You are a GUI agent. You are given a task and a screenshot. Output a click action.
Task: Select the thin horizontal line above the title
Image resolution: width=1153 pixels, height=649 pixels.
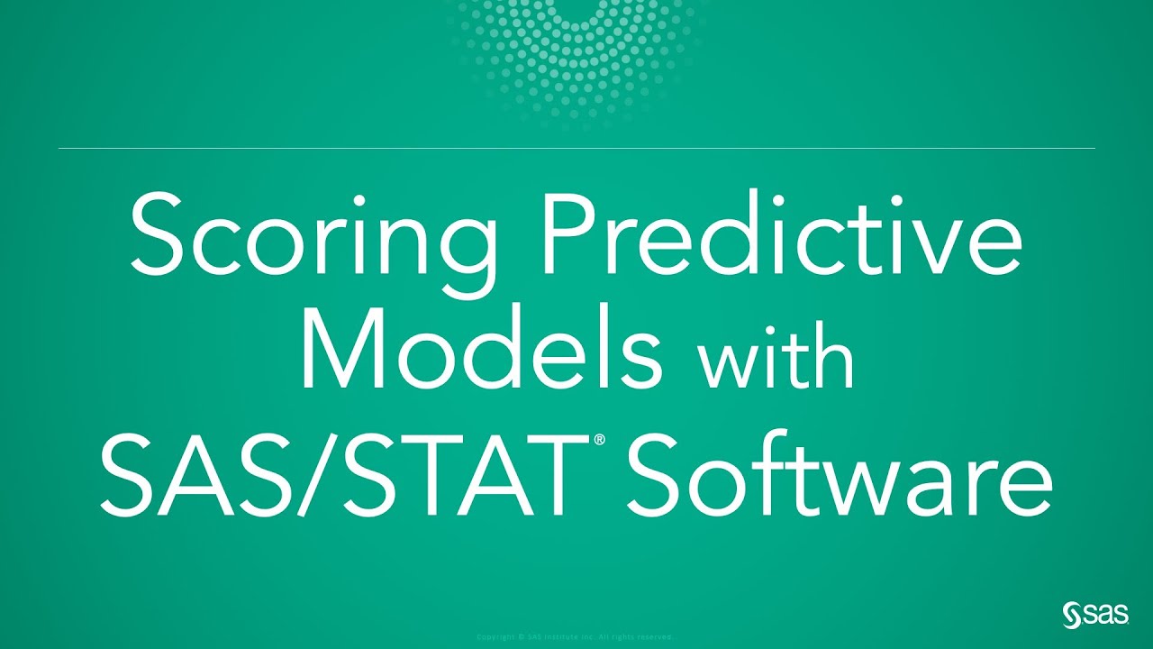point(576,148)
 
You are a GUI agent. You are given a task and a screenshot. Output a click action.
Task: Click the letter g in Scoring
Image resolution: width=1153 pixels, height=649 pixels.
point(468,248)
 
